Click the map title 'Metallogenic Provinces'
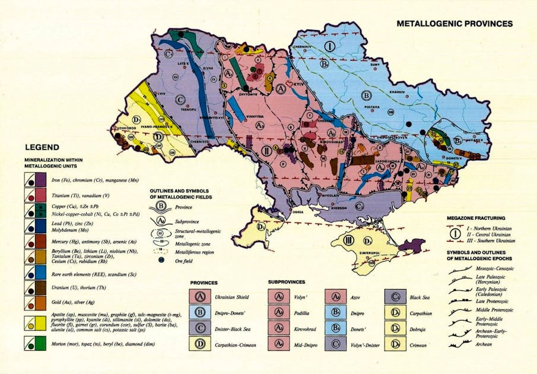click(x=454, y=24)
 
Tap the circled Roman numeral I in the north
click(x=330, y=46)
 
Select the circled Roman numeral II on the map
click(x=266, y=150)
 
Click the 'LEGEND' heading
click(x=42, y=147)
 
